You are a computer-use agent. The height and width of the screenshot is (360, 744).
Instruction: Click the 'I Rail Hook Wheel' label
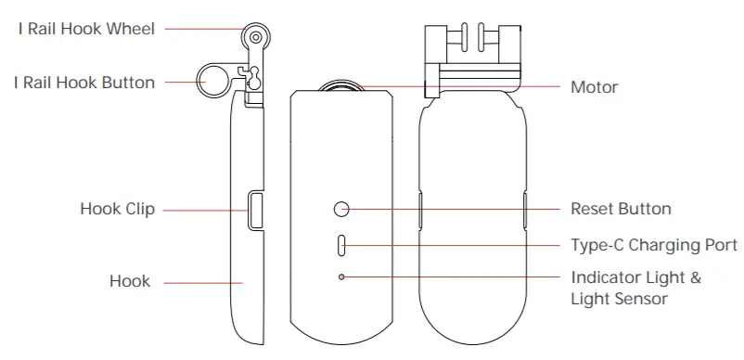tap(86, 29)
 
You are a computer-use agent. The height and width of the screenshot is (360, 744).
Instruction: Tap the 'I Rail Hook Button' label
tap(84, 83)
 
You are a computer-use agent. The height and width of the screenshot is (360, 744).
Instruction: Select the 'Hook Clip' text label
tap(117, 210)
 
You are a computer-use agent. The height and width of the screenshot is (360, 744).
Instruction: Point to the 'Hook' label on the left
tap(130, 280)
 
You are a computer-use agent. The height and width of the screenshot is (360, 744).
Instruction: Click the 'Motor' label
tap(594, 87)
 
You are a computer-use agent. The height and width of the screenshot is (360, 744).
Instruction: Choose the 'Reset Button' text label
tap(621, 210)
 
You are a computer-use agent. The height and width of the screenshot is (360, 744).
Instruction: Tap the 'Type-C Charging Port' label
tap(654, 246)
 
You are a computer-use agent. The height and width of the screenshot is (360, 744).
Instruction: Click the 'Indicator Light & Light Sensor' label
tap(635, 288)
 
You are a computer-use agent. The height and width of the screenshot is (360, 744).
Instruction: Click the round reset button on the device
tap(342, 210)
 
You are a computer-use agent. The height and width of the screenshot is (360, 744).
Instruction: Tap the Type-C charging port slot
tap(342, 246)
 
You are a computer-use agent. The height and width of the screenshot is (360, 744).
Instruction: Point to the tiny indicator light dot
tap(342, 277)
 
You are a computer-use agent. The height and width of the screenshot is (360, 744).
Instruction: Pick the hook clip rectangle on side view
tap(254, 209)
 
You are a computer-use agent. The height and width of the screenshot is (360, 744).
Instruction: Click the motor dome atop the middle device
tap(342, 86)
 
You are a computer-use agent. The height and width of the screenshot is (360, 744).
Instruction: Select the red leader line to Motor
tap(464, 87)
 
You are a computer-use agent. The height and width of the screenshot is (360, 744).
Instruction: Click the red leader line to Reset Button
tap(455, 210)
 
